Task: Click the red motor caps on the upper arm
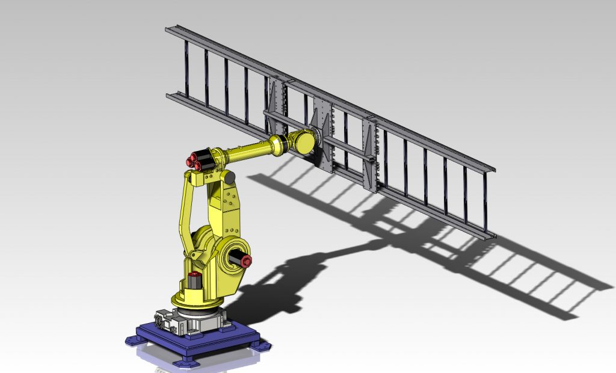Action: (194, 161)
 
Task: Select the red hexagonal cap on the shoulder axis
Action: (246, 260)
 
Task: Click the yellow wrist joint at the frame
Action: (304, 143)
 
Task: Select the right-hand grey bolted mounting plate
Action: (371, 153)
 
